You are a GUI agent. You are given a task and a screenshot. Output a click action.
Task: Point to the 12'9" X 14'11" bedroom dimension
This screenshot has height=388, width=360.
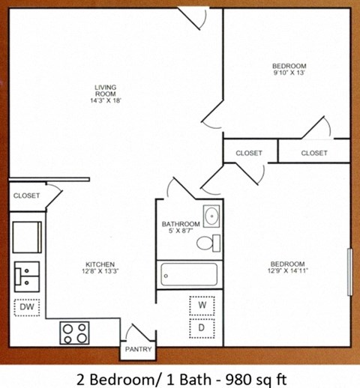(x=287, y=273)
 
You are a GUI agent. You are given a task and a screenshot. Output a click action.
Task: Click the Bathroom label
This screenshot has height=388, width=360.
(x=181, y=224)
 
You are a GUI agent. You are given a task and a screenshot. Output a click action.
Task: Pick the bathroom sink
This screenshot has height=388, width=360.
(x=211, y=216)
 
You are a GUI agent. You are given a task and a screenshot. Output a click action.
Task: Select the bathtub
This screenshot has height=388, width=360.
(x=188, y=276)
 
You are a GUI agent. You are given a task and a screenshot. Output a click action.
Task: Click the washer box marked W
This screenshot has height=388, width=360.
(x=201, y=306)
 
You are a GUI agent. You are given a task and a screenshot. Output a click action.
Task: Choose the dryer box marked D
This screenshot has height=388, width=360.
(x=201, y=327)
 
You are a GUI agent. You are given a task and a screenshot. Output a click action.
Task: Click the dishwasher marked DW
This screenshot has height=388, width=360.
(x=25, y=307)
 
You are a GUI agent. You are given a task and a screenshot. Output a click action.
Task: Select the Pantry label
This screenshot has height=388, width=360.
(x=139, y=349)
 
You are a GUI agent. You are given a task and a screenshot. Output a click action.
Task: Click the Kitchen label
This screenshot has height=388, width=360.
(x=99, y=264)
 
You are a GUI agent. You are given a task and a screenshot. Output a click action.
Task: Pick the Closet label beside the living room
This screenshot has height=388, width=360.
(x=26, y=195)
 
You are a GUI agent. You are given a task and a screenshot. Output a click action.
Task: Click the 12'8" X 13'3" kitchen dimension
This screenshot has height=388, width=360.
(x=99, y=273)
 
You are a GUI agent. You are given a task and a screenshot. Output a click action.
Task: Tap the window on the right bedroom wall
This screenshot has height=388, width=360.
(x=349, y=273)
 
